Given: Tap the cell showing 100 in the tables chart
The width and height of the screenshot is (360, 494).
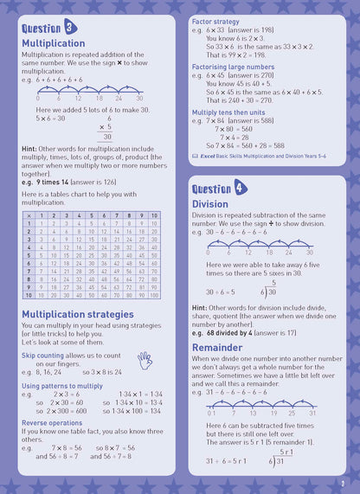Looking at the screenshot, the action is click(154, 295).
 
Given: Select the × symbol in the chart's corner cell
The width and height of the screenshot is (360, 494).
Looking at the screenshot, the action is click(29, 215).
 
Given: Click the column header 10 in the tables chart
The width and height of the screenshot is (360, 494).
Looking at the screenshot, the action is click(154, 215).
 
